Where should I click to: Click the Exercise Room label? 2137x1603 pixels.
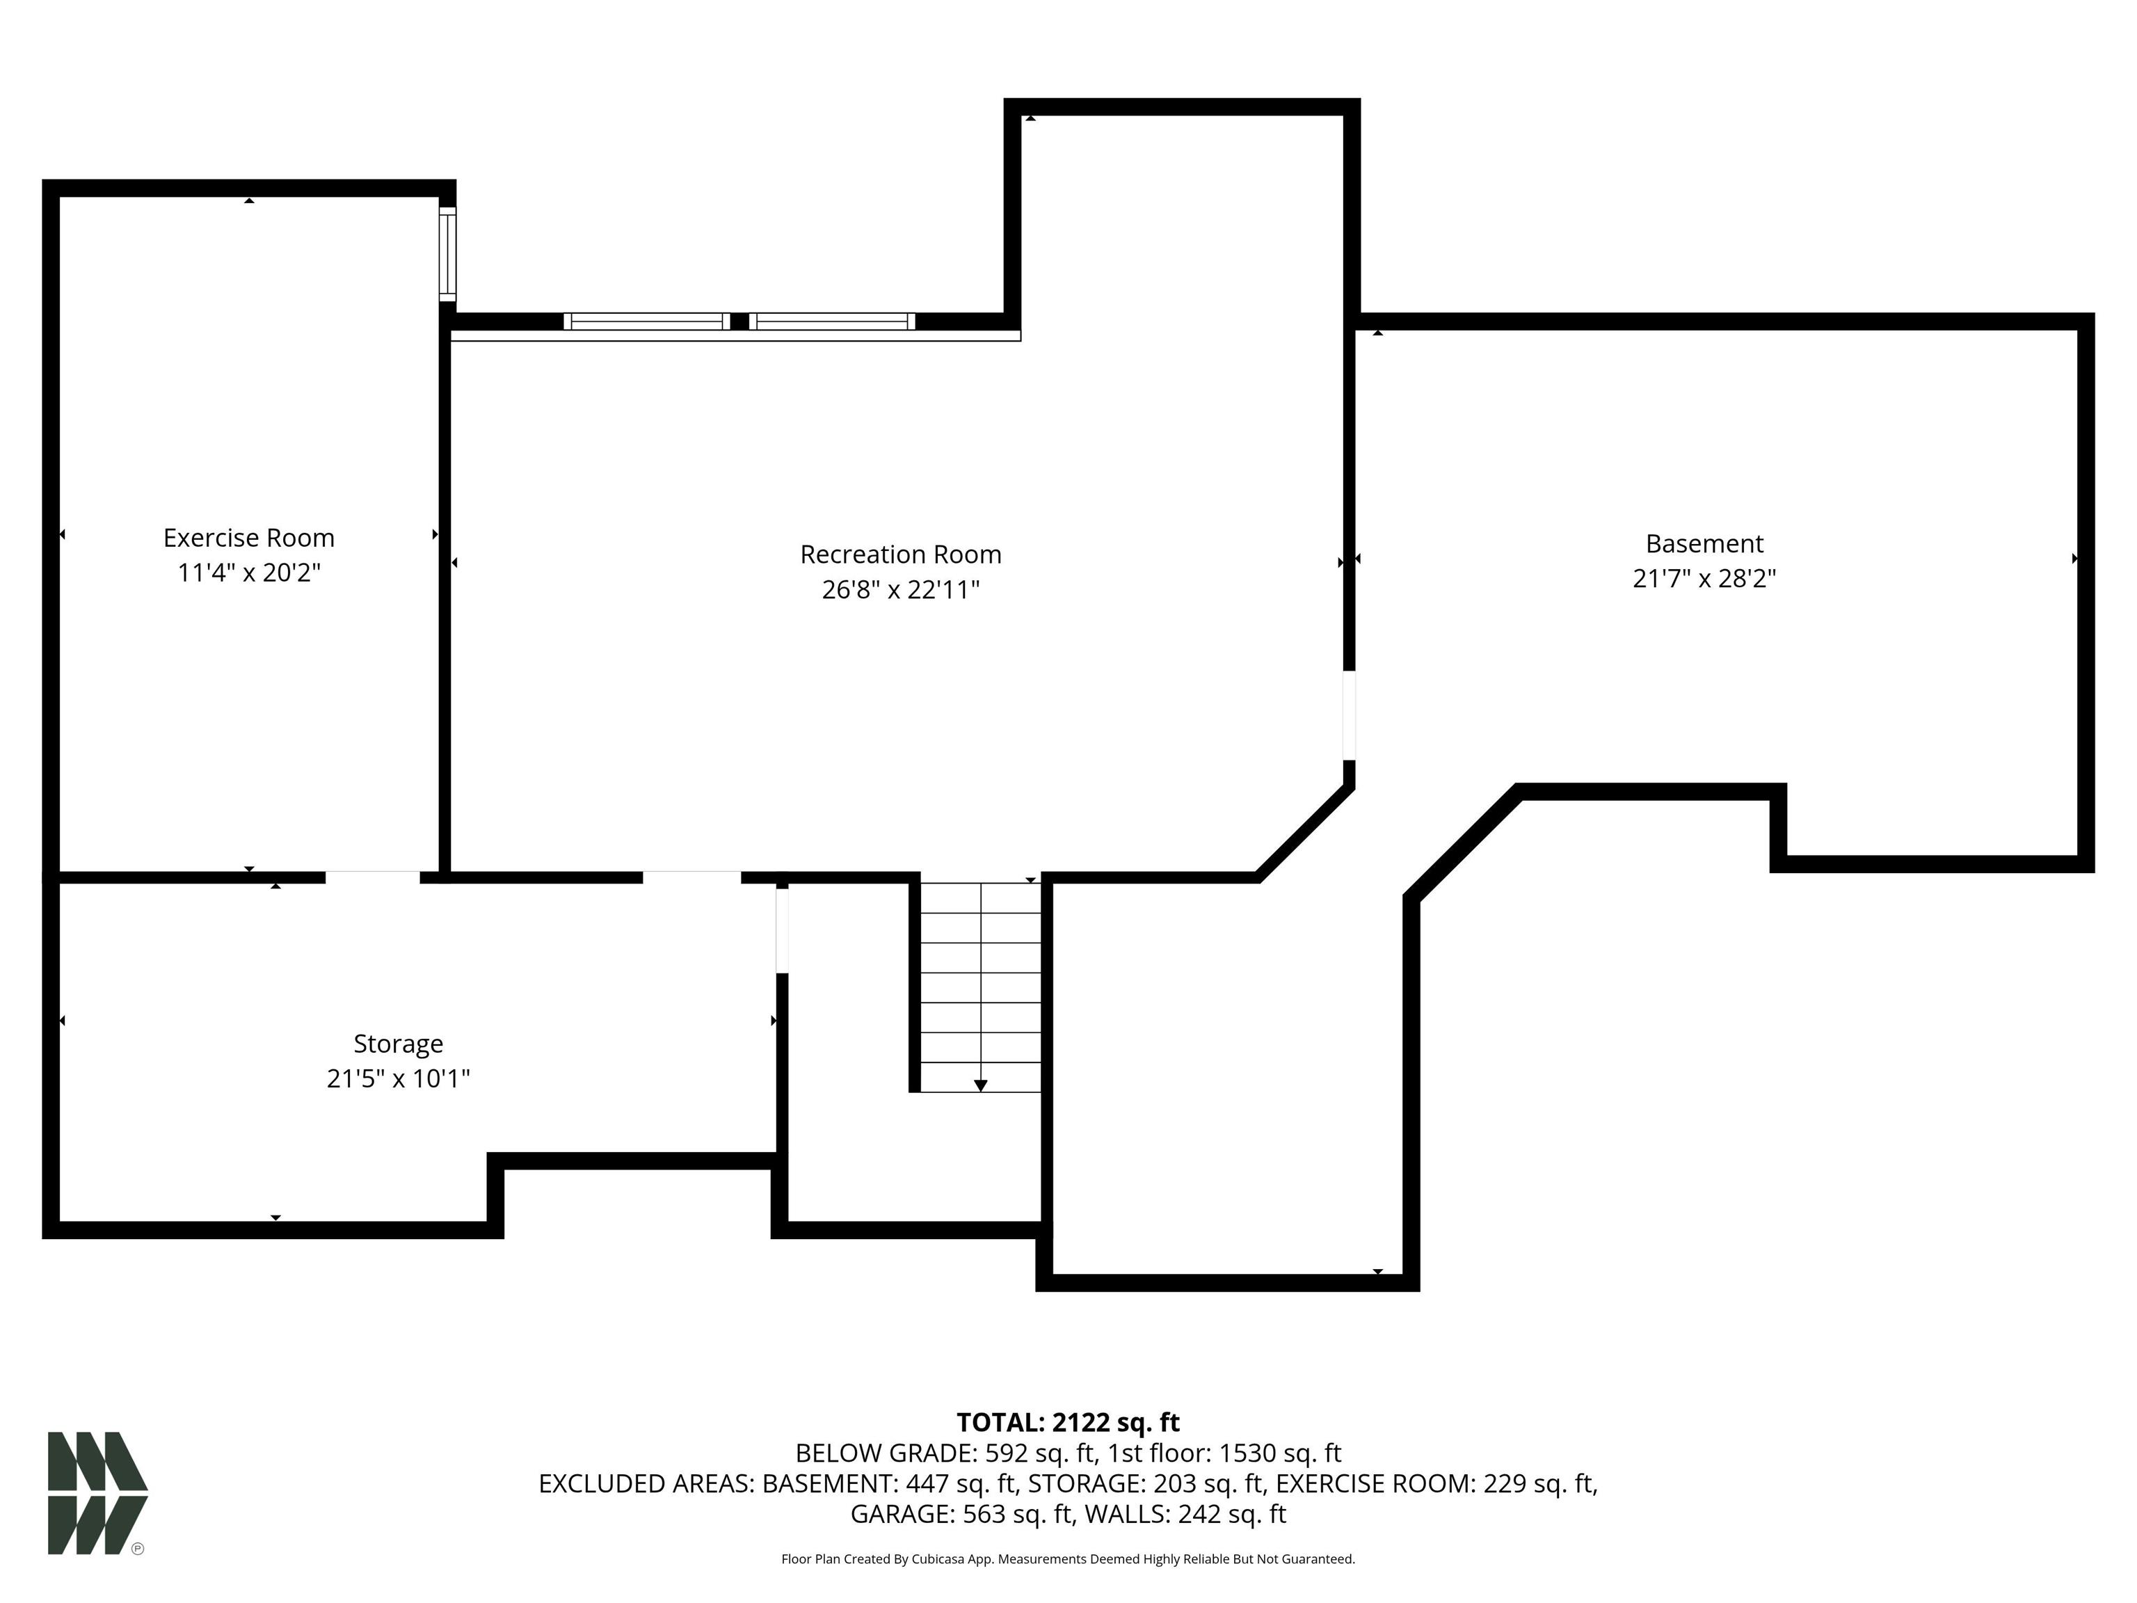coord(248,539)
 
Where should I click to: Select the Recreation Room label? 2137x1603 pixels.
coord(900,555)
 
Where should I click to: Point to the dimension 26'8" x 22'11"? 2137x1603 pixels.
coord(900,589)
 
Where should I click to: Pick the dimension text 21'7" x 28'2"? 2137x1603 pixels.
coord(1704,577)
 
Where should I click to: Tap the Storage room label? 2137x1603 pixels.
coord(398,1044)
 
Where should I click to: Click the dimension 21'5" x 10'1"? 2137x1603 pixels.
coord(398,1078)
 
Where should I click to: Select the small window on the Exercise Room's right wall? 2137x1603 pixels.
coord(447,253)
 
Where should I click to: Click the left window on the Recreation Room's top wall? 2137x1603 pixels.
coord(646,321)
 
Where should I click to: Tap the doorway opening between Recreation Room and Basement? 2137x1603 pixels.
coord(1350,715)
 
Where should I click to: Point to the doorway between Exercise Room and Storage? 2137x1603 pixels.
coord(372,877)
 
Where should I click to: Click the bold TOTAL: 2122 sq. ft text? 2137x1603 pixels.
coord(1068,1422)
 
